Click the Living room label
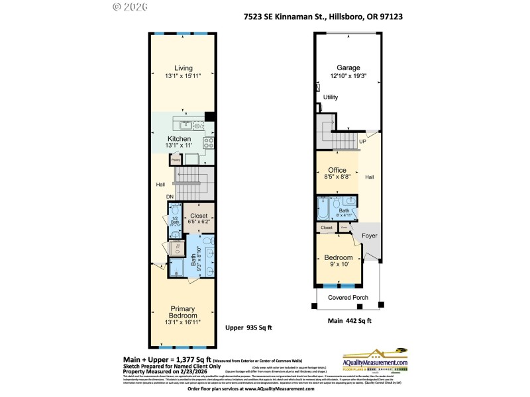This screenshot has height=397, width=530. point(183,67)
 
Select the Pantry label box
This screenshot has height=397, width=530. point(176,159)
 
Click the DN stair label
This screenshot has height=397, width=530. point(170,197)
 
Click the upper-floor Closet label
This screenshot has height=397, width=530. point(199,216)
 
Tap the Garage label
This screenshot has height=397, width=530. point(348,67)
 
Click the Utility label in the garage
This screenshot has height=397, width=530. point(331,97)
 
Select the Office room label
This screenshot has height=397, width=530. point(337,170)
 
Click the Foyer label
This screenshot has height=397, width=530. point(369,235)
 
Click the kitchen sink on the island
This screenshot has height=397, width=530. point(186,124)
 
